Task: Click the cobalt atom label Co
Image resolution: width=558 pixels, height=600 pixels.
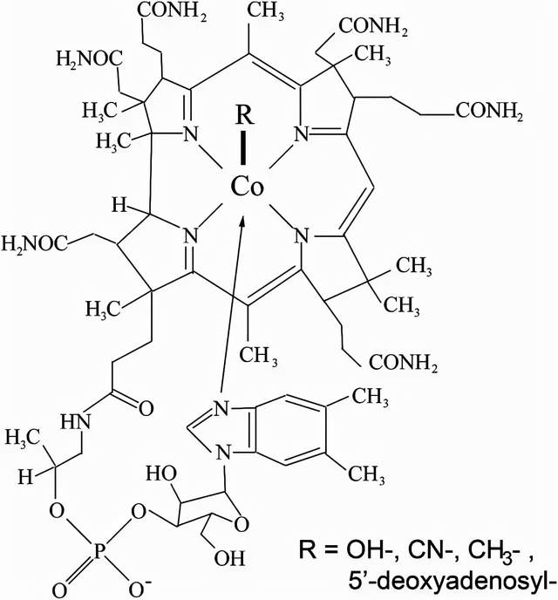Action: [247, 187]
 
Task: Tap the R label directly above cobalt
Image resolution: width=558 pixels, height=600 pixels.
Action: [244, 115]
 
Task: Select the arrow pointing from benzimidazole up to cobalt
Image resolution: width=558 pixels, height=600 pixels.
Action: [231, 304]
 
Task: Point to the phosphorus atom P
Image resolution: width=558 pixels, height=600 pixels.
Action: [99, 553]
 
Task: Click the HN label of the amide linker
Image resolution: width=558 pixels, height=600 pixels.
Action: [76, 421]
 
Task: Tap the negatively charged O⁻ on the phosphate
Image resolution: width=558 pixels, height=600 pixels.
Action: [139, 590]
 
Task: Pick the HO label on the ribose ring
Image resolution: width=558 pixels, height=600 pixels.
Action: [161, 474]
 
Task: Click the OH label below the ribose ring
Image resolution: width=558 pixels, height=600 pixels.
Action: [229, 558]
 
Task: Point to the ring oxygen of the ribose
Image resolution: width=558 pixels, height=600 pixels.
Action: [242, 524]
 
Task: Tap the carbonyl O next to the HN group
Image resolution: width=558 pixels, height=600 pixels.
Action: [146, 408]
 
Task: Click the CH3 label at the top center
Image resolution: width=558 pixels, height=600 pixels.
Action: [266, 10]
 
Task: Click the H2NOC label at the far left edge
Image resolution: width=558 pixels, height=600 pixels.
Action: [35, 244]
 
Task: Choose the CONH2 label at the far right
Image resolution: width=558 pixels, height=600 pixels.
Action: [488, 112]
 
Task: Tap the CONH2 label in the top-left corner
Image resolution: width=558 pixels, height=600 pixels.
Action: [172, 11]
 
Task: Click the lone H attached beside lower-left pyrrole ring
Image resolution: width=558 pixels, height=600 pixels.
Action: [119, 206]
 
